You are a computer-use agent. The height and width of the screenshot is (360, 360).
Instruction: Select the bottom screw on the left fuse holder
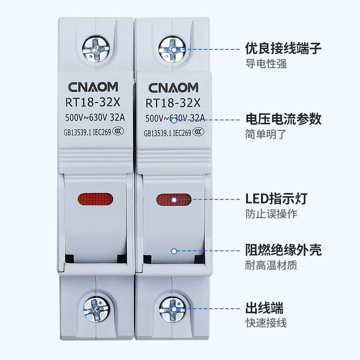(96, 309)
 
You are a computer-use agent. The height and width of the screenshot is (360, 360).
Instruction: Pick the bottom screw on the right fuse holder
(173, 309)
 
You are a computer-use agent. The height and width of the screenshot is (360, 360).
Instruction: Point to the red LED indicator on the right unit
(173, 198)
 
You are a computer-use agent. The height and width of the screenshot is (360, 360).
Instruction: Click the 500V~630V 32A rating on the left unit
(94, 119)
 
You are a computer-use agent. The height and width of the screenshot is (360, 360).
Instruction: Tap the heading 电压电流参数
(283, 119)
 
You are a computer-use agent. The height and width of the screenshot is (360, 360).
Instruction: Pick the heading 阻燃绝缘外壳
(283, 250)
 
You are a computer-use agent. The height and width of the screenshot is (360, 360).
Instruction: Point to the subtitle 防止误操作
(271, 214)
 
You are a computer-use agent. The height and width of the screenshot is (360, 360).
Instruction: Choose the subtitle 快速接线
(266, 323)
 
